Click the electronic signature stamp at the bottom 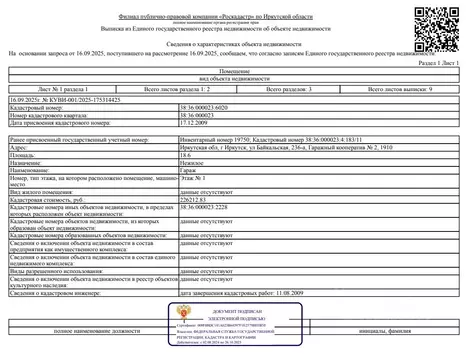[236, 338]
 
